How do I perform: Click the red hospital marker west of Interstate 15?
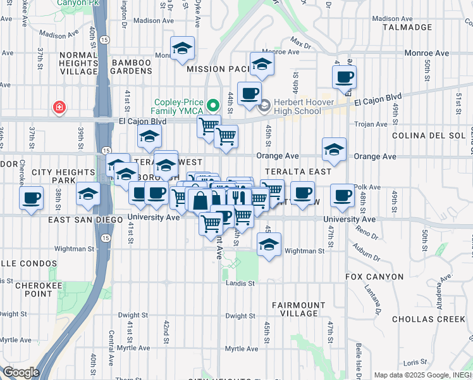point(59,108)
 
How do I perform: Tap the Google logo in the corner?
point(21,372)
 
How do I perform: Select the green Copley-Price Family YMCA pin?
point(214,104)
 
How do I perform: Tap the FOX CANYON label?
point(374,277)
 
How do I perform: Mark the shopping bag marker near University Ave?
point(200,201)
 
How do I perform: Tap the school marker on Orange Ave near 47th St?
point(334,150)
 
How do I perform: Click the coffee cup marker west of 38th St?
point(31,198)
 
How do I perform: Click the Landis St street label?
point(240,283)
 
